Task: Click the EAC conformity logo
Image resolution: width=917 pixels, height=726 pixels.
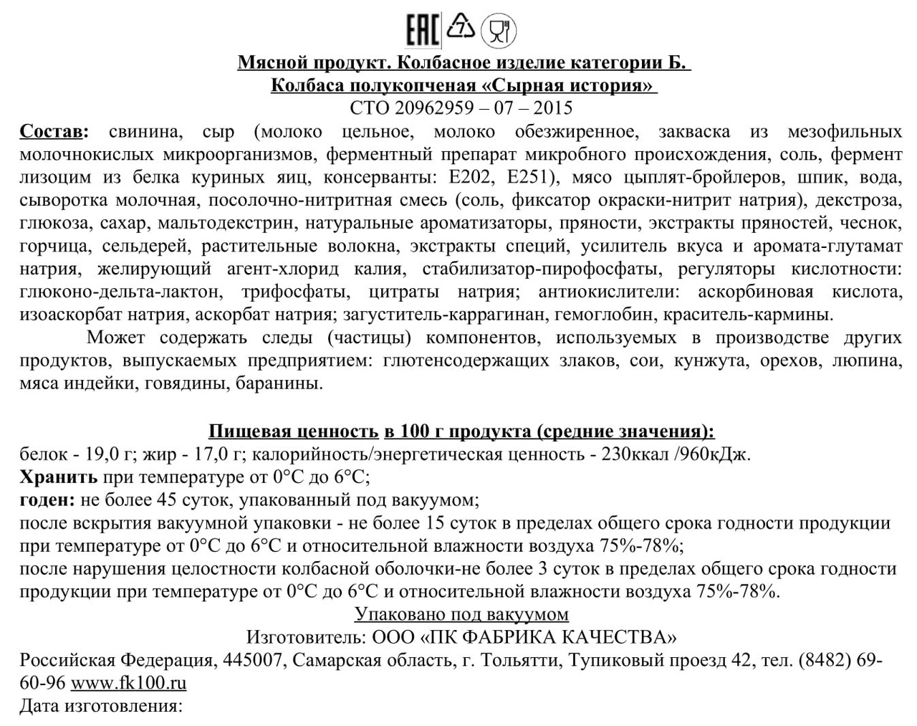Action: coord(422,30)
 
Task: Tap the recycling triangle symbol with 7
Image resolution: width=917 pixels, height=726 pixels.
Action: coord(461,28)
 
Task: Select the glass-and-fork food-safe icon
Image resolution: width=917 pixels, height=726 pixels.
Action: coord(499,31)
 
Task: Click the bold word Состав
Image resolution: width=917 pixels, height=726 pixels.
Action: coord(54,132)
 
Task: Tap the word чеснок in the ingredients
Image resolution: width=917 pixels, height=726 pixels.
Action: coord(872,223)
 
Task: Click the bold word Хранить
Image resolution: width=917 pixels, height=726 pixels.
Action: coord(59,477)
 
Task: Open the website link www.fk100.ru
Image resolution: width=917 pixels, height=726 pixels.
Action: coord(128,683)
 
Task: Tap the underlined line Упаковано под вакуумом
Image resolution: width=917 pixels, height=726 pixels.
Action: coord(461,614)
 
